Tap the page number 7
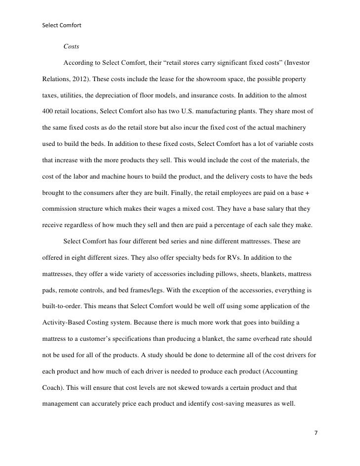coord(316,433)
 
